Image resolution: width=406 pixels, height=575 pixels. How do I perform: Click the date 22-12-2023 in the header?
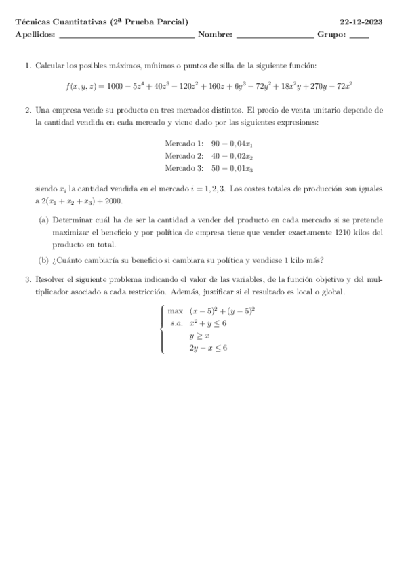(362, 22)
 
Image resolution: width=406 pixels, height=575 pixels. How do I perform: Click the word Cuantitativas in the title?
(77, 22)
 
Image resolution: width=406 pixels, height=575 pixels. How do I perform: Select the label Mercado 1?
(184, 144)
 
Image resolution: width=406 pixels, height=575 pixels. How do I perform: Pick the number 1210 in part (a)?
(344, 233)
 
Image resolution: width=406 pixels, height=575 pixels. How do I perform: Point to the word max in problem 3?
(176, 311)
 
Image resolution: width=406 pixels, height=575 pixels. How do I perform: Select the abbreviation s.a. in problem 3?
(177, 323)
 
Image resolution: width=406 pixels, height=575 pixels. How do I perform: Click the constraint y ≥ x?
(199, 336)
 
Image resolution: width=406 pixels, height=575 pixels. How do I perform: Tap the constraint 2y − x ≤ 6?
(207, 348)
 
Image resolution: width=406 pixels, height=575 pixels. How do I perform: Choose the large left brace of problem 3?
(163, 330)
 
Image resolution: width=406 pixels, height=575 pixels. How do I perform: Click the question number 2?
(27, 109)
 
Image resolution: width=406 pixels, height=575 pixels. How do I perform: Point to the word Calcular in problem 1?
(49, 66)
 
